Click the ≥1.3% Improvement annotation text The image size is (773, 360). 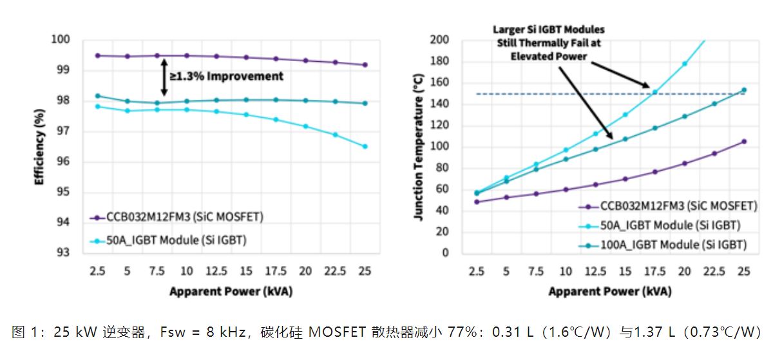(226, 77)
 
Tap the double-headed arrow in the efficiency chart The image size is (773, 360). (164, 77)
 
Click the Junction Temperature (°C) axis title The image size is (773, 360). (419, 146)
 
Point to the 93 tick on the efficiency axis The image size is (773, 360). (62, 252)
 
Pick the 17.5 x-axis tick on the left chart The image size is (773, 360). (276, 271)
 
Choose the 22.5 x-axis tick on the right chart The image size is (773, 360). (714, 271)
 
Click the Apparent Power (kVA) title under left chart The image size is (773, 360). (231, 291)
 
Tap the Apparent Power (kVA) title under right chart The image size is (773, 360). (609, 291)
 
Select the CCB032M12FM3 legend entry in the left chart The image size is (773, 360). (177, 218)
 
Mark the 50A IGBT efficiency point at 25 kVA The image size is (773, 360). (365, 146)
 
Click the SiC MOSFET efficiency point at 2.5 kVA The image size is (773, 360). (97, 55)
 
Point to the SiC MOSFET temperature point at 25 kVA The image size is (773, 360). (743, 141)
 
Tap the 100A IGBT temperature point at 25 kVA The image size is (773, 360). (743, 90)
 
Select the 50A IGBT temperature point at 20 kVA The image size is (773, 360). (684, 64)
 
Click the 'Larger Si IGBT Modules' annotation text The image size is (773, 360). (549, 30)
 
